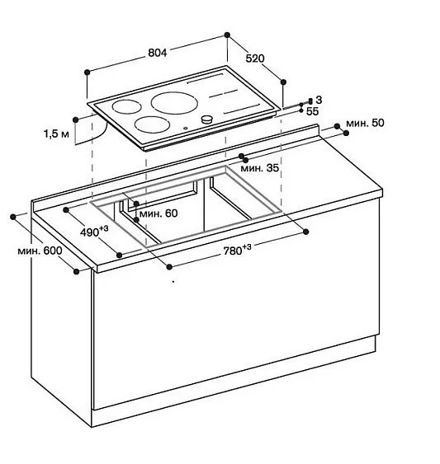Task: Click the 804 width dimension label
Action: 158,52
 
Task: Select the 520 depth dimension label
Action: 255,59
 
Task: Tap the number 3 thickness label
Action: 318,99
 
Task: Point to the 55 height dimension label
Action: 313,110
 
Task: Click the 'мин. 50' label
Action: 365,123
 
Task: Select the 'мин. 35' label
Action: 259,168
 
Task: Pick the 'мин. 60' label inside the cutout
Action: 158,213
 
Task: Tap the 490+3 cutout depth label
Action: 92,232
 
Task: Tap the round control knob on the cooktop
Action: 207,120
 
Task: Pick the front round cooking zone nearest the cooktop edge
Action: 152,125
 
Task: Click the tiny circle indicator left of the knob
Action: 186,128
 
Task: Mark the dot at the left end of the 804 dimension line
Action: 86,72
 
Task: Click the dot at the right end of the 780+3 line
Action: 305,229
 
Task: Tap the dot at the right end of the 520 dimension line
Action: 283,81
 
